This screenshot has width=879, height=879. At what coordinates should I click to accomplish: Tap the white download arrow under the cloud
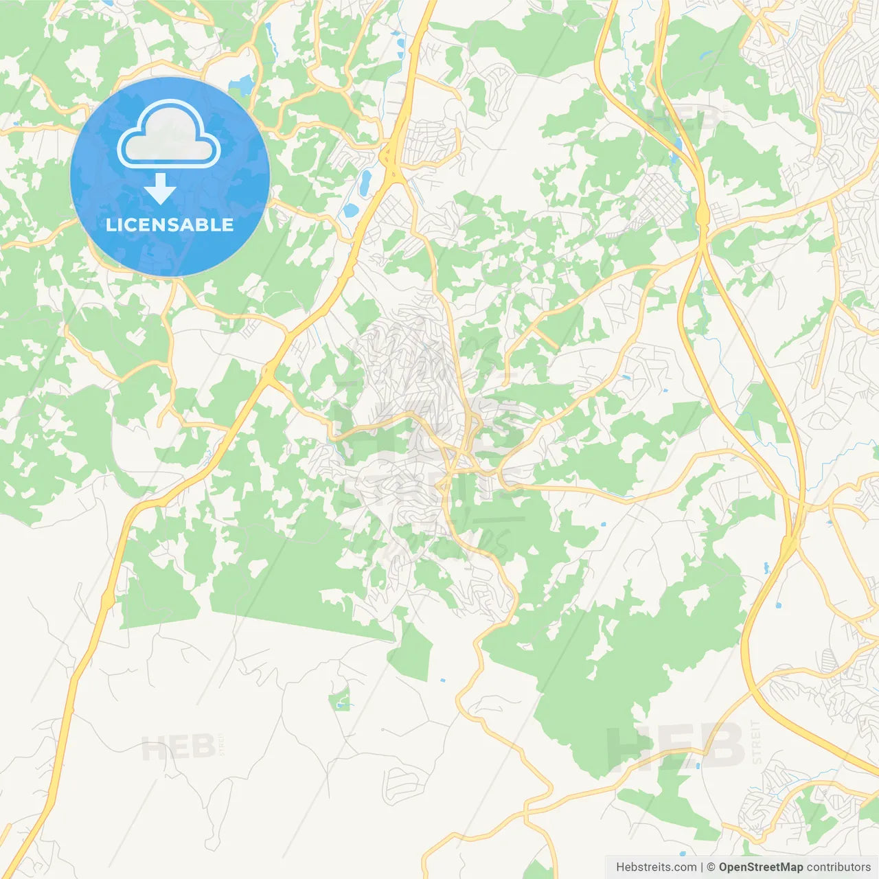point(160,189)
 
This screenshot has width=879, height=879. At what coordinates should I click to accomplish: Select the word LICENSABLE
point(170,225)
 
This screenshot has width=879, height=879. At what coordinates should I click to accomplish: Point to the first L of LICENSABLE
point(110,225)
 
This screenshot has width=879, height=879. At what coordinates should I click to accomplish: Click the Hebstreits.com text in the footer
point(656,867)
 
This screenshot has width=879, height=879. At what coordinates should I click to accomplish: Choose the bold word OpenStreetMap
point(760,867)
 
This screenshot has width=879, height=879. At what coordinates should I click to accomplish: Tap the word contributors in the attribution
point(838,867)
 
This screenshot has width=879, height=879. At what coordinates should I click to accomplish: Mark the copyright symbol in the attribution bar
point(711,867)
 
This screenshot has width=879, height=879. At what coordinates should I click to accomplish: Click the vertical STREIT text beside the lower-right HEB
point(756,742)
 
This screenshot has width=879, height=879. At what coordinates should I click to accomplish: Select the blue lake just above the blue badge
point(242,86)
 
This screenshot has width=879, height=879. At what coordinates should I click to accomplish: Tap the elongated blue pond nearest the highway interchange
point(365,181)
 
